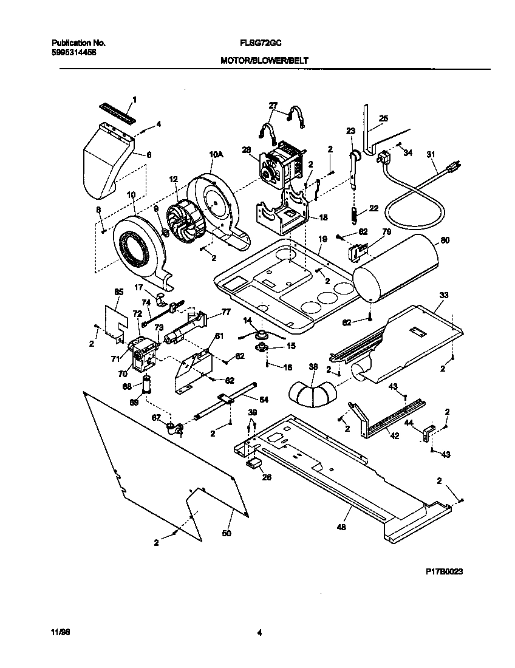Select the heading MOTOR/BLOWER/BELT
point(265,61)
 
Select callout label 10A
point(216,155)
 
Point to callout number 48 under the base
point(341,528)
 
